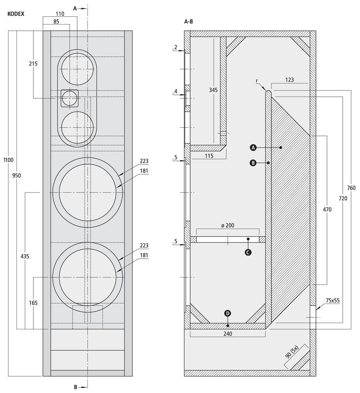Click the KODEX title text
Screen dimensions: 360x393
click(x=16, y=14)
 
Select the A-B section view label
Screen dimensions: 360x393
click(x=189, y=21)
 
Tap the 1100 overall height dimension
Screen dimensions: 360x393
click(x=8, y=160)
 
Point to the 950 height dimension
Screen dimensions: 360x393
click(x=16, y=175)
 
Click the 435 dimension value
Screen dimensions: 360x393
click(x=25, y=256)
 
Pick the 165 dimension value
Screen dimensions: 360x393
click(x=33, y=303)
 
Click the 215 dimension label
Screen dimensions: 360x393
click(x=33, y=64)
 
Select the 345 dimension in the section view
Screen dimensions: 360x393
click(x=213, y=90)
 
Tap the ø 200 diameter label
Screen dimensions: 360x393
click(x=228, y=225)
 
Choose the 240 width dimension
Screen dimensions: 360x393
click(x=228, y=334)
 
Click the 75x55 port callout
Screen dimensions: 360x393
click(x=333, y=300)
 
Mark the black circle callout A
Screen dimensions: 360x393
click(x=253, y=148)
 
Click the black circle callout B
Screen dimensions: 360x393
click(x=253, y=163)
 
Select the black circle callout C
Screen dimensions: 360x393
click(x=248, y=252)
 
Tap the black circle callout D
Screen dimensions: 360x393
click(x=228, y=313)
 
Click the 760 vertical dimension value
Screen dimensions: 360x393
click(x=351, y=187)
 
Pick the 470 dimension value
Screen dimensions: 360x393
click(x=327, y=209)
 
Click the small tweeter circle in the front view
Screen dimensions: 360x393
click(x=69, y=98)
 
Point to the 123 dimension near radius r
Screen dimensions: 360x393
click(x=289, y=80)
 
